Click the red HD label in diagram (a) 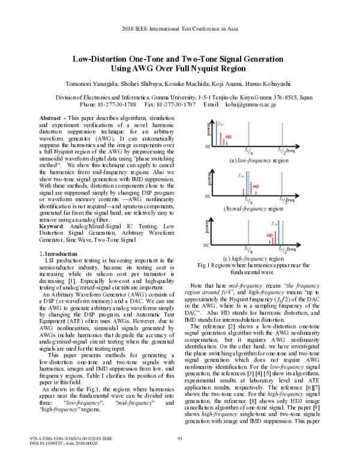point(229,137)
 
